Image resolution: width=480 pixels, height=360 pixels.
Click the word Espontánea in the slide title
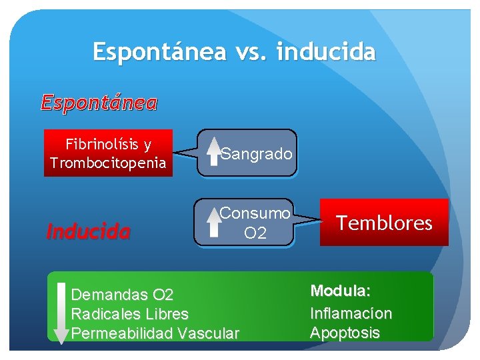[x=159, y=51]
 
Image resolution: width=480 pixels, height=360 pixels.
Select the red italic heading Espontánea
[x=99, y=103]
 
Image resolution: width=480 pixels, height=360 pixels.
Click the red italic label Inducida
[x=87, y=232]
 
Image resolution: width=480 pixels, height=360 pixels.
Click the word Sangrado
[x=257, y=154]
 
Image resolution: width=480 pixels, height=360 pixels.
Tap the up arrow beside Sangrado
[x=213, y=150]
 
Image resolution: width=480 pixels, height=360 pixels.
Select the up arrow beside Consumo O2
[x=213, y=221]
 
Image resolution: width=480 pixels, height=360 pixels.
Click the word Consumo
[x=255, y=213]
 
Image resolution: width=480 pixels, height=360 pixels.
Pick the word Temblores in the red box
[x=384, y=223]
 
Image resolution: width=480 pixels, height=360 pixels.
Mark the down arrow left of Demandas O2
[x=61, y=313]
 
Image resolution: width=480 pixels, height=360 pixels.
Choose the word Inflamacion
[x=351, y=313]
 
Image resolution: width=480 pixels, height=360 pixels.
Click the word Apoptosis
[x=345, y=333]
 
